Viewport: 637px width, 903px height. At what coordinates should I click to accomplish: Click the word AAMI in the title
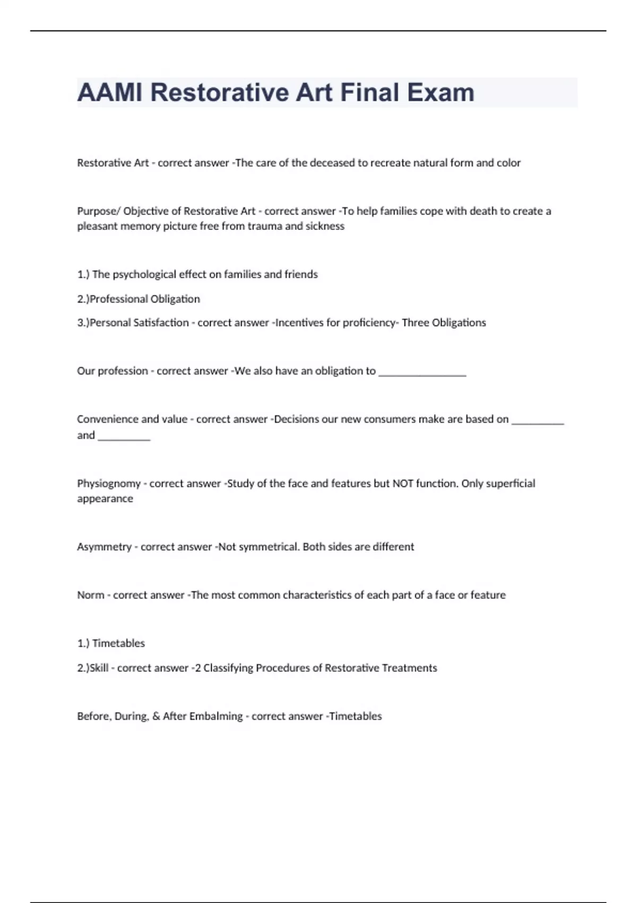click(110, 92)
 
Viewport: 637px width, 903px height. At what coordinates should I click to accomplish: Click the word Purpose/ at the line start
click(98, 211)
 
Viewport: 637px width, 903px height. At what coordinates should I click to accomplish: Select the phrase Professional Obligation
click(145, 299)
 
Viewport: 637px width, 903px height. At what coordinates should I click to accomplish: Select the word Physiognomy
click(109, 484)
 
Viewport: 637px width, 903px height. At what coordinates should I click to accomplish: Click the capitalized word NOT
click(402, 484)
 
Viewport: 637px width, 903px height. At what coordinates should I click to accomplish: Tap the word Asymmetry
click(104, 547)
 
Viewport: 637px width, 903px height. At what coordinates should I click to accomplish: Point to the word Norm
click(90, 595)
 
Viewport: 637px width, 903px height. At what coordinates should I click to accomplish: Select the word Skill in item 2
click(99, 668)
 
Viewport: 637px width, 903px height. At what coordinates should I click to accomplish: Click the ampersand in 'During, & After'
click(156, 717)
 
